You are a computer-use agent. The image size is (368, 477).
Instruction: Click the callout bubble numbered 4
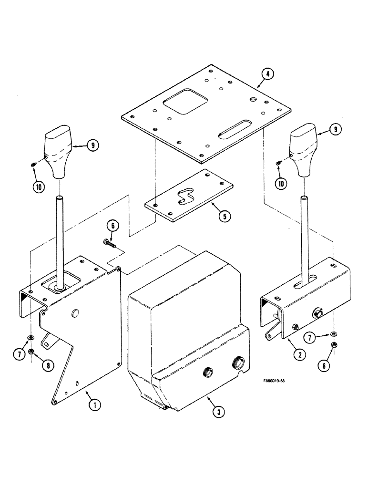click(x=268, y=74)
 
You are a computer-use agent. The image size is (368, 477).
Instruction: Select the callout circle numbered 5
click(x=225, y=216)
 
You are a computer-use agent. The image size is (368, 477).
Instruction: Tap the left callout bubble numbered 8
click(x=48, y=365)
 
